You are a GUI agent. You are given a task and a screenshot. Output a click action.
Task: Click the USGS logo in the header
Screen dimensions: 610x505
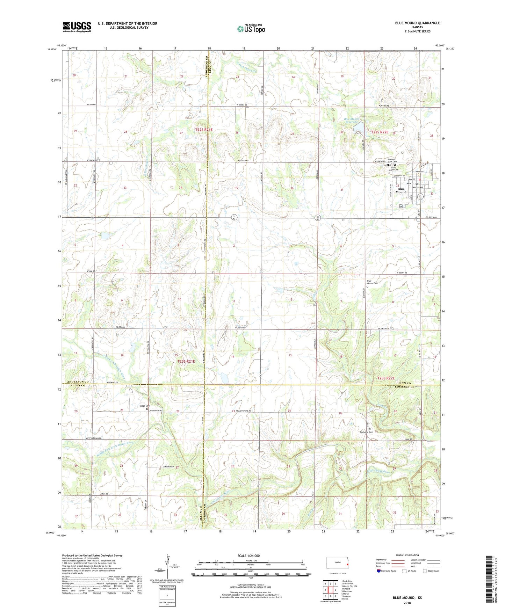click(77, 27)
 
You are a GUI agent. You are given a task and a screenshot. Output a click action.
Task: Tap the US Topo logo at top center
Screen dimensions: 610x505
click(251, 29)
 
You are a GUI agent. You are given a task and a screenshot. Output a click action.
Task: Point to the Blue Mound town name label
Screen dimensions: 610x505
click(401, 191)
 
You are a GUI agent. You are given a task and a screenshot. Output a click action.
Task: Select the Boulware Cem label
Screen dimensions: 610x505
click(367, 432)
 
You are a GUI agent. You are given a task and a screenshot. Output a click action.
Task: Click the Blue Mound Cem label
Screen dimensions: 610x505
click(372, 282)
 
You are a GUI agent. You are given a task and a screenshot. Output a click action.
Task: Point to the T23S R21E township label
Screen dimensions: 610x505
click(186, 362)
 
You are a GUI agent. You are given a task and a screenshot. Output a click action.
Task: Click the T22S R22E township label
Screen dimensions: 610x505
click(380, 132)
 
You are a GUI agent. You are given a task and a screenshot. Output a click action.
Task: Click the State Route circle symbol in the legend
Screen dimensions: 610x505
click(425, 571)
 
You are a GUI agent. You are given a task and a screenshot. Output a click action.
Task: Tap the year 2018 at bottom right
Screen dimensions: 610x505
click(407, 603)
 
